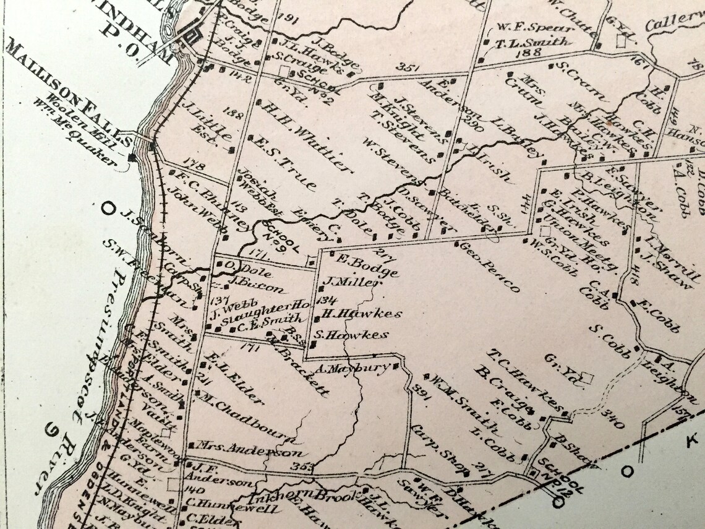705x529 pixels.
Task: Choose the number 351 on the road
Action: (x=409, y=67)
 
